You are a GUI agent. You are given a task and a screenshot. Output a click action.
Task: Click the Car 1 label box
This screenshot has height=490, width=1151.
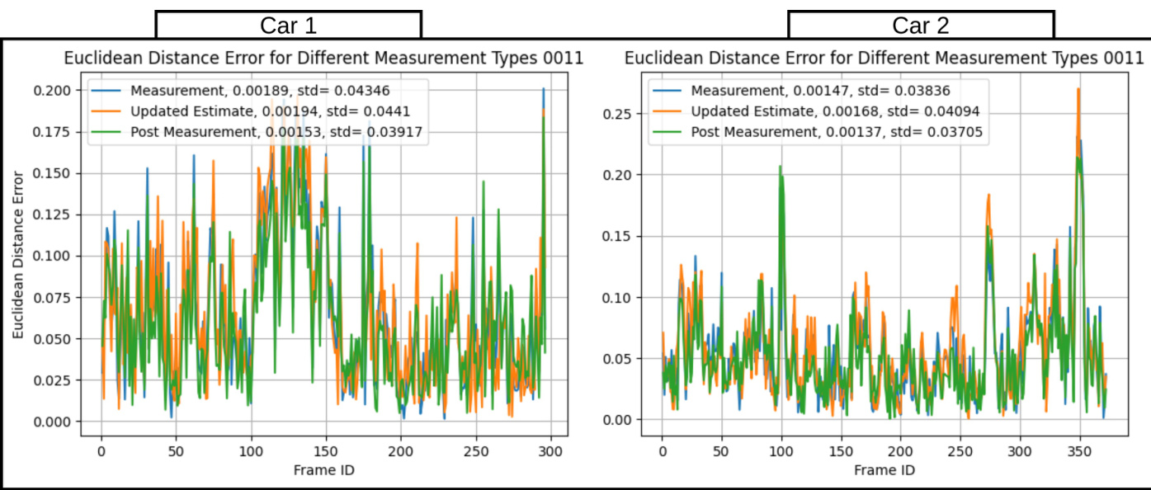pos(288,25)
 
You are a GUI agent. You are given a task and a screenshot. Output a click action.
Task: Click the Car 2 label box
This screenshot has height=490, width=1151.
pos(921,25)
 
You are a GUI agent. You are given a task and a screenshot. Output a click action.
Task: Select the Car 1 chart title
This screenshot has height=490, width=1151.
pos(324,59)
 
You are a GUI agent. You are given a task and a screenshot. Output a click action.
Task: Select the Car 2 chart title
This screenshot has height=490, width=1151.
pos(884,59)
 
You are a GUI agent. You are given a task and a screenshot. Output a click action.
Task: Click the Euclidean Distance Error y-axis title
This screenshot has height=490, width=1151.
pos(18,256)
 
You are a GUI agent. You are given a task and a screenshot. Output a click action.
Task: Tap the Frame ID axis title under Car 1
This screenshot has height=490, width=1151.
pos(325,470)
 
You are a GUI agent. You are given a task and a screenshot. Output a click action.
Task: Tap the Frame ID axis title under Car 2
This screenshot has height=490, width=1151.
pos(884,470)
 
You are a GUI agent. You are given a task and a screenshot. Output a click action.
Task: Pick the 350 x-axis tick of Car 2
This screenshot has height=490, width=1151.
pos(1079,452)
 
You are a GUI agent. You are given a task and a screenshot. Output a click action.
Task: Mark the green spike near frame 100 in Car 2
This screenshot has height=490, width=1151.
pos(780,167)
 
